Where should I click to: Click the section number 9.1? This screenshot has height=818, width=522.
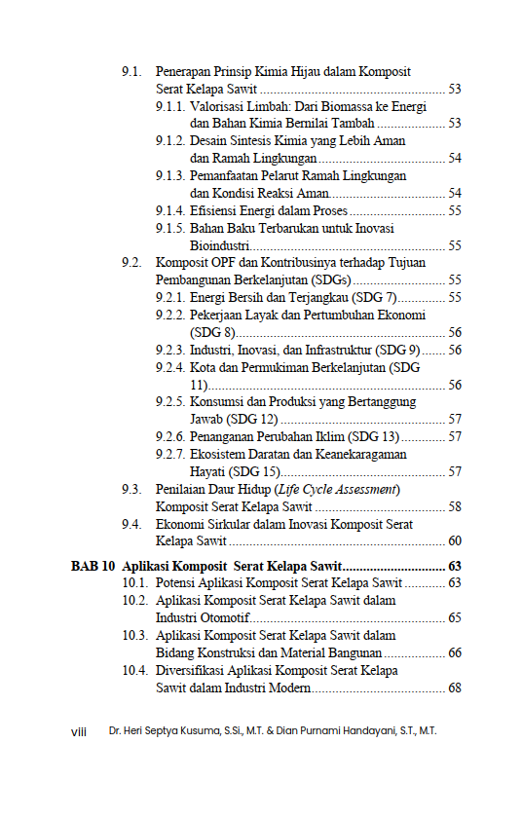pyautogui.click(x=132, y=72)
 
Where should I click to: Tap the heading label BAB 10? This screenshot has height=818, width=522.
pyautogui.click(x=93, y=566)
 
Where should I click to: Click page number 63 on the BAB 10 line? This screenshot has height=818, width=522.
pyautogui.click(x=454, y=566)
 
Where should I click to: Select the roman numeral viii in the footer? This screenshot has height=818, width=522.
pyautogui.click(x=80, y=730)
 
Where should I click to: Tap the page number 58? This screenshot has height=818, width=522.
pyautogui.click(x=454, y=506)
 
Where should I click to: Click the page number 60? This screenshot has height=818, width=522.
pyautogui.click(x=454, y=541)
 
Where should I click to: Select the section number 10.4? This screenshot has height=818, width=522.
pyautogui.click(x=135, y=671)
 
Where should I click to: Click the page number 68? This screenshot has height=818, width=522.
pyautogui.click(x=454, y=688)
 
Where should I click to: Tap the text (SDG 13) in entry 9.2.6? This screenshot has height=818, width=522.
pyautogui.click(x=374, y=436)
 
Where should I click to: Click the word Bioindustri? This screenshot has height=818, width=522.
pyautogui.click(x=218, y=245)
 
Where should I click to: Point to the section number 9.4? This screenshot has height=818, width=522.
pyautogui.click(x=132, y=524)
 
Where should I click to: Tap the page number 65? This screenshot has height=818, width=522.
pyautogui.click(x=454, y=618)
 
